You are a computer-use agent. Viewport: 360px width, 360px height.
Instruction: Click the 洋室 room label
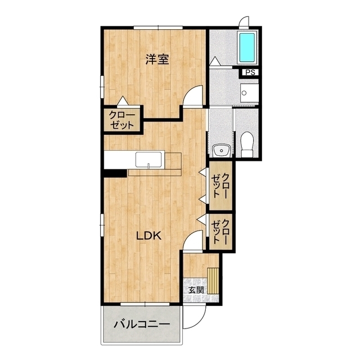[x=157, y=60]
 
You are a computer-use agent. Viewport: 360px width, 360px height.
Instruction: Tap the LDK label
[x=148, y=236]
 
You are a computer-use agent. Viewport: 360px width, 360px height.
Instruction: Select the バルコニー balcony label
[x=142, y=324]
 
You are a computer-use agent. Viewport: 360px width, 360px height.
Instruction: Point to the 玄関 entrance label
[x=196, y=290]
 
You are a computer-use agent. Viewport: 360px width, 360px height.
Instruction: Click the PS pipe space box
[x=250, y=73]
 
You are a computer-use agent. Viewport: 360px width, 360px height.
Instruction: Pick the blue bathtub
[x=247, y=47]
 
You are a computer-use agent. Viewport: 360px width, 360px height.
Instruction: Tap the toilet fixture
[x=247, y=144]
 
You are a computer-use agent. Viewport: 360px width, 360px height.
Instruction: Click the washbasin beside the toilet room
[x=221, y=150]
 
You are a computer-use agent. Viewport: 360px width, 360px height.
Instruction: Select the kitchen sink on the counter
[x=148, y=159]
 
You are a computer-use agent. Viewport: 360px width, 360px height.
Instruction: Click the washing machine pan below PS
[x=249, y=93]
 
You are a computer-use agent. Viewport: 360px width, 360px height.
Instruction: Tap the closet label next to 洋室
[x=121, y=120]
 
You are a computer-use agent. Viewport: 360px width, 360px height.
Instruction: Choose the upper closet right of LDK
[x=221, y=186]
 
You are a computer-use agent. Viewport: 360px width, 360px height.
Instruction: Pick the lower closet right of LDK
[x=221, y=232]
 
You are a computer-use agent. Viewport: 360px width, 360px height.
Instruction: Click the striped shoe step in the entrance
[x=213, y=281]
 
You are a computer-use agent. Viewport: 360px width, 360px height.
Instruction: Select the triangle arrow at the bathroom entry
[x=215, y=61]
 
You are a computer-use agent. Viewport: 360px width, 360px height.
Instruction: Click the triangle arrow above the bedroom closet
[x=123, y=101]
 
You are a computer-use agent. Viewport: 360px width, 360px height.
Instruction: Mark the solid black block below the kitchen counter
[x=115, y=173]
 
